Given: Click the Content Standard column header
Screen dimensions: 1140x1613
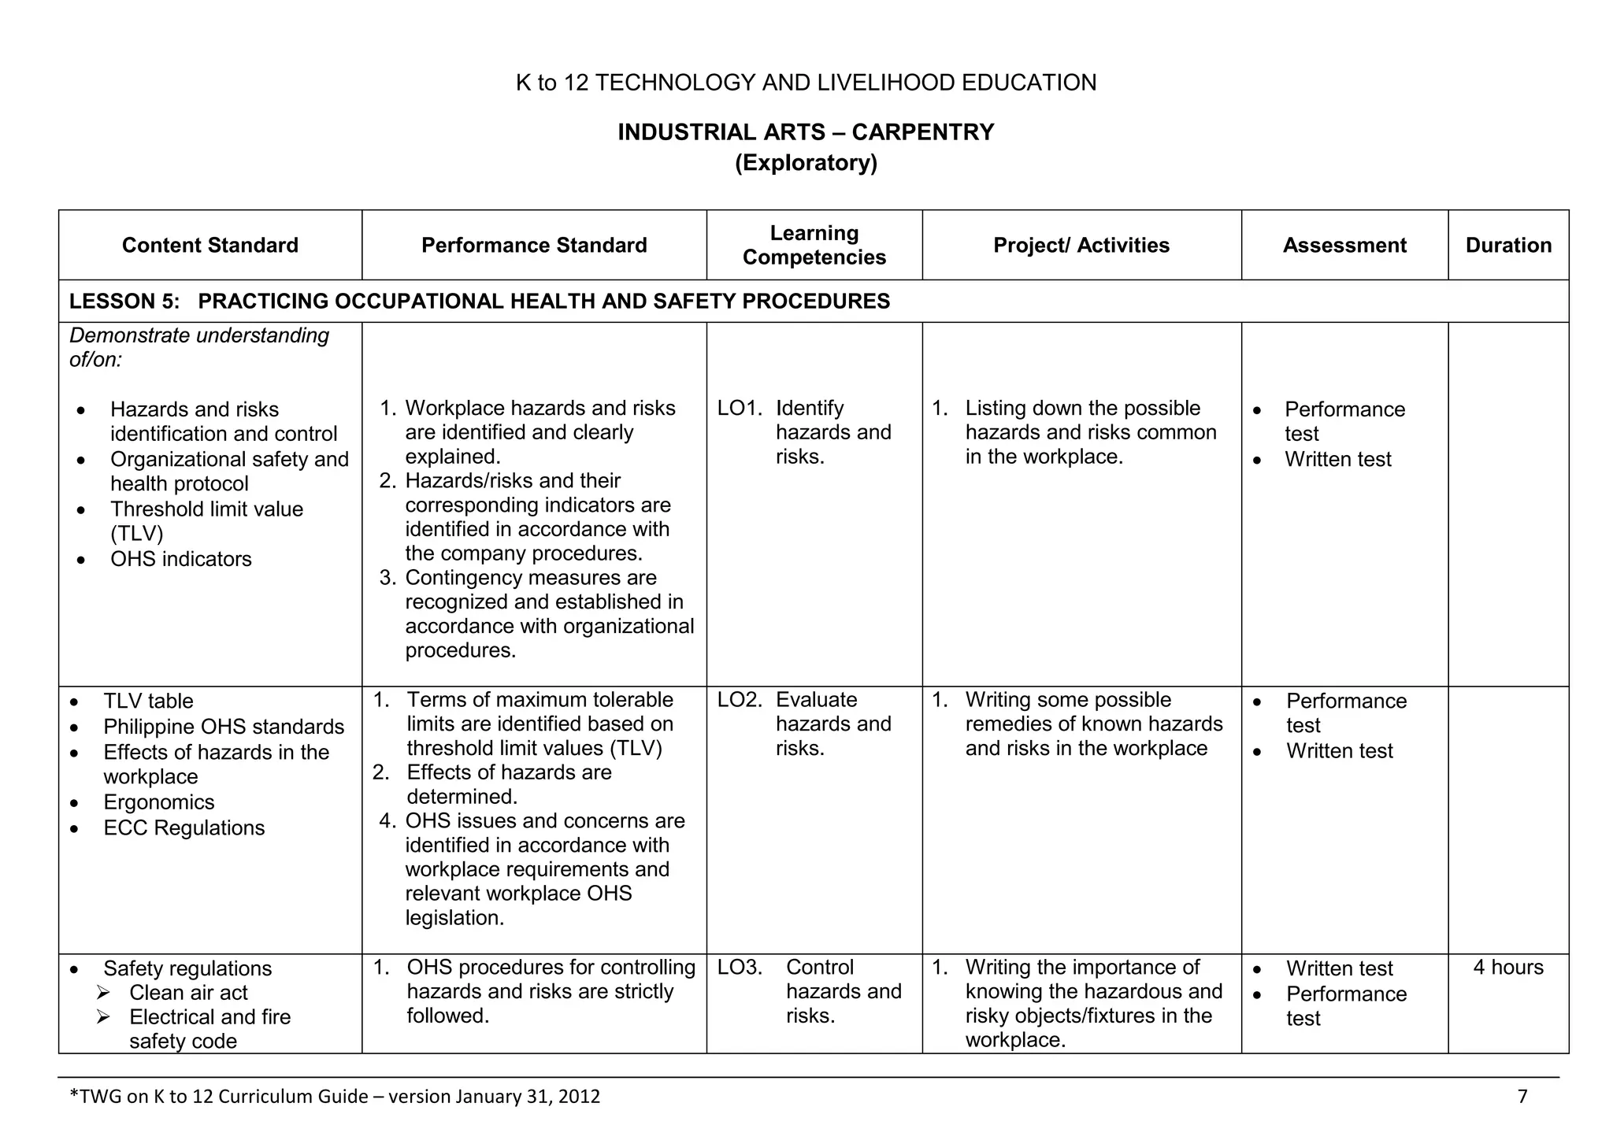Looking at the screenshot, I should pyautogui.click(x=210, y=246).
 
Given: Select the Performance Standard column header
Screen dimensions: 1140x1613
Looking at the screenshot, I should pyautogui.click(x=534, y=246).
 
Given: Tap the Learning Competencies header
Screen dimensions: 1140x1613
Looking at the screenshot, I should pyautogui.click(x=814, y=245).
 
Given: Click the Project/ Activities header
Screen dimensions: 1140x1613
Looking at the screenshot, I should pyautogui.click(x=1081, y=246).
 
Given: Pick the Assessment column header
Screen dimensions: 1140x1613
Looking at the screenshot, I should pyautogui.click(x=1344, y=246).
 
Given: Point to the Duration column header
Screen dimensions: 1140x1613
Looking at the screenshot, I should pyautogui.click(x=1507, y=246).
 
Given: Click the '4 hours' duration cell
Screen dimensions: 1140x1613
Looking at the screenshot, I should pyautogui.click(x=1507, y=968).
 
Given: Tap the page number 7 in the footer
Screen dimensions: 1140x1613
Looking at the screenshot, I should pyautogui.click(x=1522, y=1096).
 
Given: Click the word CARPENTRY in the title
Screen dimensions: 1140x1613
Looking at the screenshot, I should pyautogui.click(x=922, y=132).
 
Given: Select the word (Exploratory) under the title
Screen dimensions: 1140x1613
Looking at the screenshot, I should pyautogui.click(x=806, y=163).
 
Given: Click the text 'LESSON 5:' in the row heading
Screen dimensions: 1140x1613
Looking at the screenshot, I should pyautogui.click(x=124, y=302).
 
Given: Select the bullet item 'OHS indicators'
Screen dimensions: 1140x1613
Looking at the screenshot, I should pyautogui.click(x=180, y=559).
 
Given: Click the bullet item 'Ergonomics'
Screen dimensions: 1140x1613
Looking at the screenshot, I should pyautogui.click(x=158, y=802).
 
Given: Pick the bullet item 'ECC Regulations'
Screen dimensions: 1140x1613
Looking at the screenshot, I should pyautogui.click(x=184, y=828).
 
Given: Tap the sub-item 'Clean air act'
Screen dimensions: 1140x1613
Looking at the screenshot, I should pyautogui.click(x=188, y=993).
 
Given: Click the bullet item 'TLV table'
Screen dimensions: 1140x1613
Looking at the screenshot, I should pyautogui.click(x=148, y=701).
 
